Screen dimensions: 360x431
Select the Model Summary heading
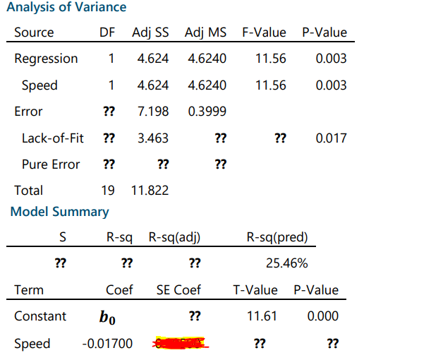60,212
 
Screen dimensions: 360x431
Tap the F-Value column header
264,32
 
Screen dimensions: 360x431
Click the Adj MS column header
205,32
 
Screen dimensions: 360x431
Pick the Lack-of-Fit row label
52,138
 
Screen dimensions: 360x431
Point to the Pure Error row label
51,164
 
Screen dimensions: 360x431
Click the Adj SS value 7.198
152,112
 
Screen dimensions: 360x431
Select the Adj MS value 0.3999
207,112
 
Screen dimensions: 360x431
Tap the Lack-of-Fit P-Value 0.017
331,138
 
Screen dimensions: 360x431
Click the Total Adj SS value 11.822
150,190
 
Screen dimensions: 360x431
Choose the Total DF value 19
108,190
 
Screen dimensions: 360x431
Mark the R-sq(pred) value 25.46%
286,264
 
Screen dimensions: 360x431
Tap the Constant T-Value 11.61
262,316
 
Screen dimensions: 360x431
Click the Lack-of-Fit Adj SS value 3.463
152,138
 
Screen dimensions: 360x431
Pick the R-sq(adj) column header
174,237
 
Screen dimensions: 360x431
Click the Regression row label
46,59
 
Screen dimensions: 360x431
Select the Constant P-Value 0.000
322,316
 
